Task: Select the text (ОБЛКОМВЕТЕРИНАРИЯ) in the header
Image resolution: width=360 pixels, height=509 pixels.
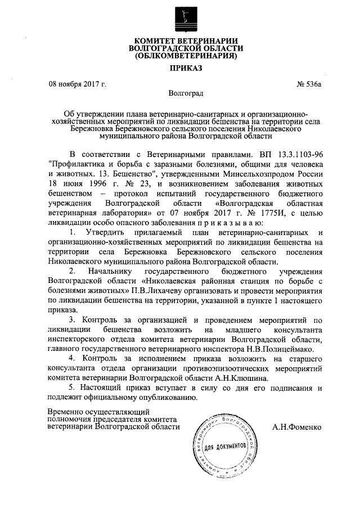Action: coord(184,56)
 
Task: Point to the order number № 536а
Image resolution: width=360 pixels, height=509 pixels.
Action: coord(309,84)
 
